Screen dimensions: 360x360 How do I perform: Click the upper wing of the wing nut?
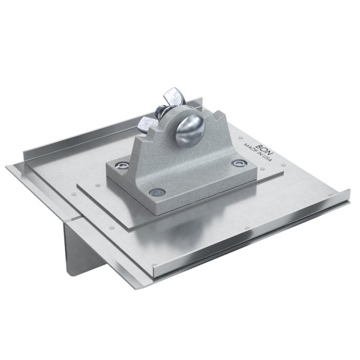click(x=172, y=96)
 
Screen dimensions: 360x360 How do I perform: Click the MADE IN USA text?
click(x=258, y=153)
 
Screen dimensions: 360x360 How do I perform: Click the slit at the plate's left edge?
click(x=73, y=218)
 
